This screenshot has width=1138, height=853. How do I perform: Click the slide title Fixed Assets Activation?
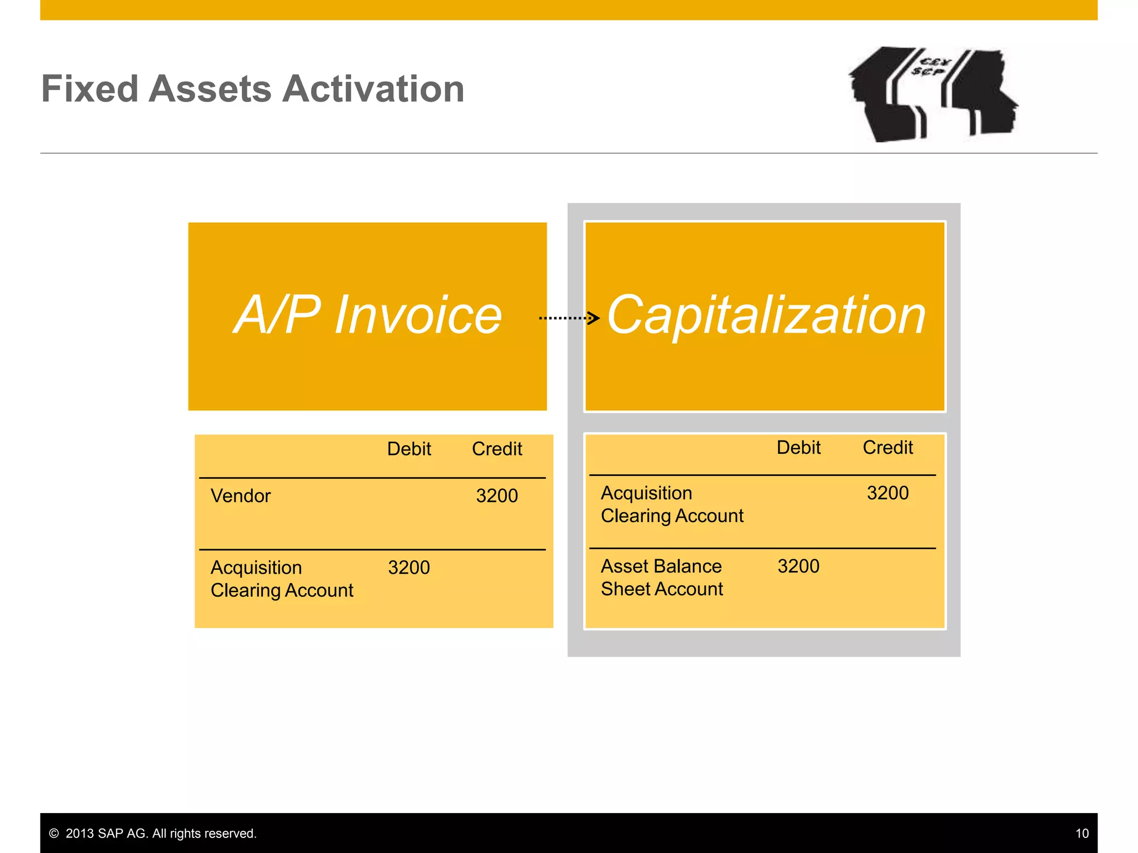click(x=253, y=89)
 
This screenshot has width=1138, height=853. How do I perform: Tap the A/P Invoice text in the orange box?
click(x=367, y=315)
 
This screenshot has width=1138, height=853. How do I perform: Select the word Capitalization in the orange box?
click(x=766, y=315)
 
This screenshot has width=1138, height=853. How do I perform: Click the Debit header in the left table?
click(x=409, y=449)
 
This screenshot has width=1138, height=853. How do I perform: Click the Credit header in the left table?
click(x=497, y=449)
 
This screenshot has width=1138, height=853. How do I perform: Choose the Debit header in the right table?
click(x=798, y=448)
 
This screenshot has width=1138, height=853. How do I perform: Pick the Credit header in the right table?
click(x=887, y=448)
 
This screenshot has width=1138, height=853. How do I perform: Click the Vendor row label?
click(x=241, y=496)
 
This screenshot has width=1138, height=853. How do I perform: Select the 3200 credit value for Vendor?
click(x=497, y=496)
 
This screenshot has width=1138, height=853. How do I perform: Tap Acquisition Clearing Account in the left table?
click(x=282, y=579)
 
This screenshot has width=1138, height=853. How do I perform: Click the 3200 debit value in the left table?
click(x=409, y=568)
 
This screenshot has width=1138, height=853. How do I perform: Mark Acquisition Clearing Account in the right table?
click(x=672, y=504)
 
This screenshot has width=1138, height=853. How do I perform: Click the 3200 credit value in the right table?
click(x=887, y=493)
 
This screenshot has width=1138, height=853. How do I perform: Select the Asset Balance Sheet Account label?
click(x=662, y=578)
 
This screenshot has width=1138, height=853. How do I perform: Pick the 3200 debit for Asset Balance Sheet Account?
click(x=798, y=566)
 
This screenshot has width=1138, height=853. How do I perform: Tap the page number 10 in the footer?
click(x=1081, y=834)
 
